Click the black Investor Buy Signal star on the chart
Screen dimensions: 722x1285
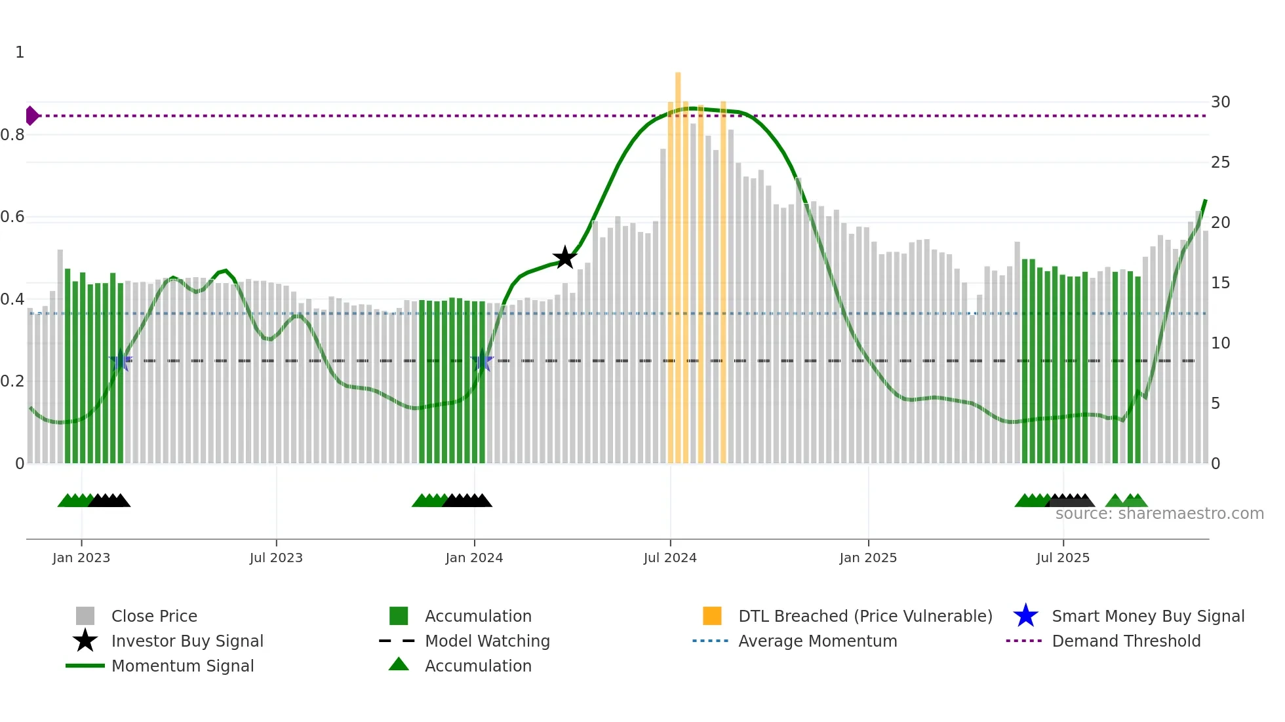click(564, 257)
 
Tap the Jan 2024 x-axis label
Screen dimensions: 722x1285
click(474, 558)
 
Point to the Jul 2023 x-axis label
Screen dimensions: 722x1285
click(276, 558)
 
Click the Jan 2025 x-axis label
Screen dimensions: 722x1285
click(868, 558)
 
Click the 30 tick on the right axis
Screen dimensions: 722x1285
click(1220, 102)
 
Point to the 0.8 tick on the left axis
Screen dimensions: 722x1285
click(12, 135)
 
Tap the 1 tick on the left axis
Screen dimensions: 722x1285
click(20, 52)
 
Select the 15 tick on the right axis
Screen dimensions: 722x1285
click(1220, 283)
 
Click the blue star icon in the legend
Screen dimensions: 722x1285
click(1025, 616)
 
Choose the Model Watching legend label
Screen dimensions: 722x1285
click(487, 641)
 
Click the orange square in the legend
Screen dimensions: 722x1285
click(712, 616)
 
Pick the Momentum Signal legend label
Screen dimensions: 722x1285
click(182, 666)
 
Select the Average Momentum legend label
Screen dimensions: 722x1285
click(818, 641)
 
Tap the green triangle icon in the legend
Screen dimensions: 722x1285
click(399, 665)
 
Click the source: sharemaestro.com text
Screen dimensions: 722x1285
click(1159, 514)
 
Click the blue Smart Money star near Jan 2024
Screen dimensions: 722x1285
click(482, 360)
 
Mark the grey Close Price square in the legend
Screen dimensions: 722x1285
click(85, 616)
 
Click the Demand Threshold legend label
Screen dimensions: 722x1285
click(1126, 641)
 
